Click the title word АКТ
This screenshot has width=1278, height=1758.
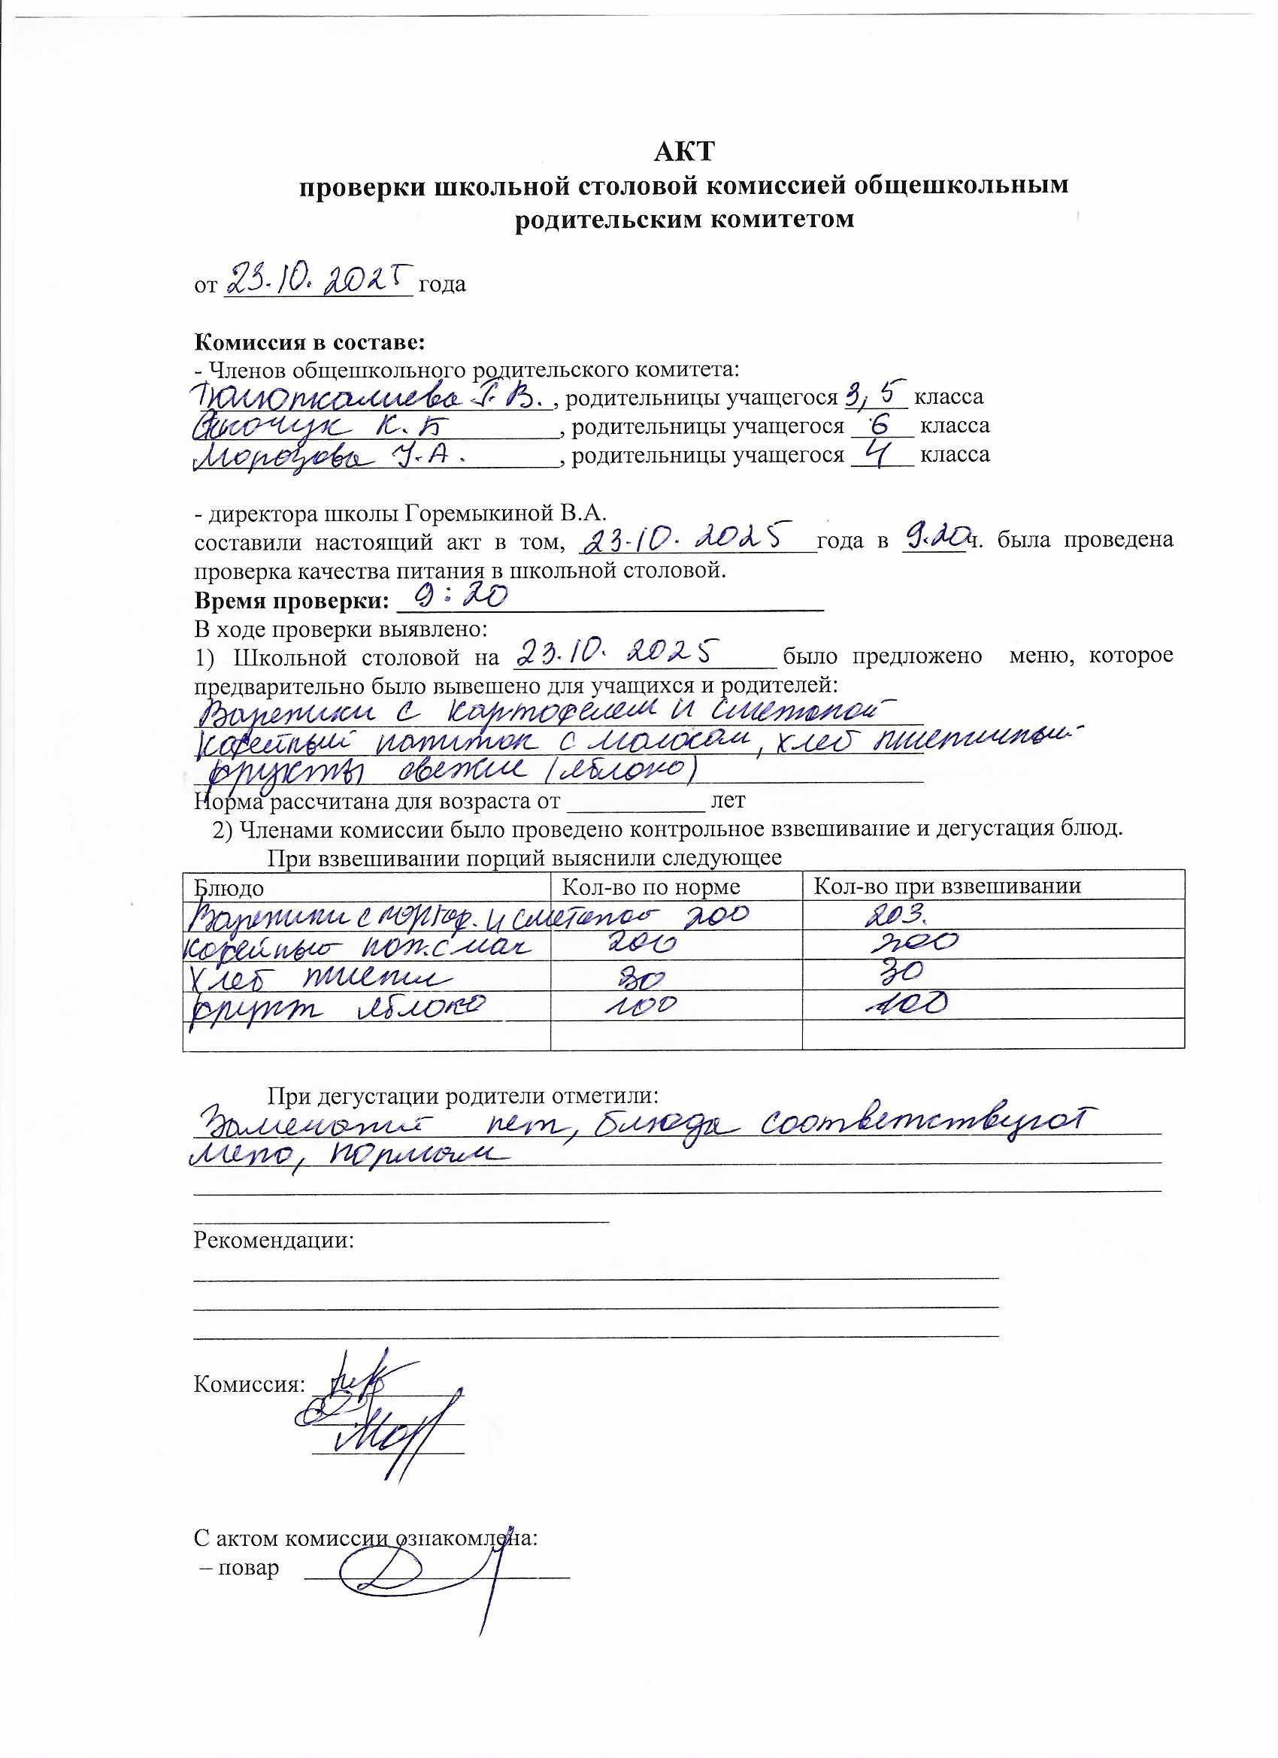pyautogui.click(x=683, y=151)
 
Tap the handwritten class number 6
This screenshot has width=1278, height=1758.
pyautogui.click(x=880, y=424)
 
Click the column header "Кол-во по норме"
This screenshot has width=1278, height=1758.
pyautogui.click(x=650, y=887)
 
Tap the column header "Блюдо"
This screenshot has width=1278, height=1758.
pyautogui.click(x=229, y=888)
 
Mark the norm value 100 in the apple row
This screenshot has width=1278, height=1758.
pyautogui.click(x=637, y=1006)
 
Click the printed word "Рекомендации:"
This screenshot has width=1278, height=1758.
pyautogui.click(x=274, y=1240)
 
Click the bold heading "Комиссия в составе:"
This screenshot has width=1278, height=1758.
pyautogui.click(x=309, y=342)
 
